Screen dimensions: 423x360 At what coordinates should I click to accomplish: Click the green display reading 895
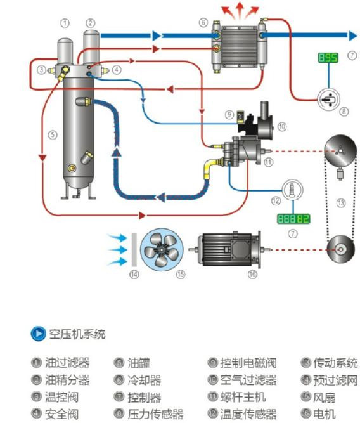pyautogui.click(x=328, y=58)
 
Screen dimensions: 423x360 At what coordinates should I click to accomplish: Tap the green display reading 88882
pyautogui.click(x=293, y=219)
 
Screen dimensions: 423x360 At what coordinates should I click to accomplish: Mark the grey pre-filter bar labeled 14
pyautogui.click(x=134, y=249)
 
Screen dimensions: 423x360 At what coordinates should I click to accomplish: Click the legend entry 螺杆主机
pyautogui.click(x=243, y=398)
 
